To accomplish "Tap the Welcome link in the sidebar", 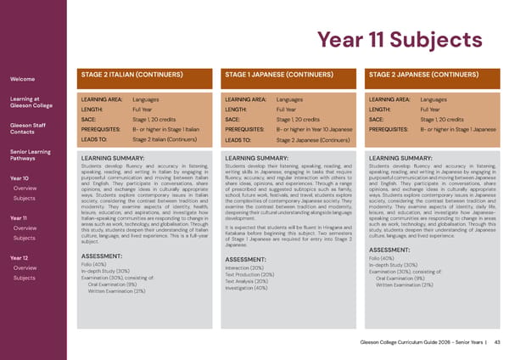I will coord(21,80).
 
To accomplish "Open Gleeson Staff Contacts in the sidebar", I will coord(26,129).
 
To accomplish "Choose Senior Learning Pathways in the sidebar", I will coord(31,155).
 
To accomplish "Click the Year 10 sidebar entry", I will coord(19,178).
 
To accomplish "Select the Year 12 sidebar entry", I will coord(19,234).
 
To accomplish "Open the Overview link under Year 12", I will coord(25,245).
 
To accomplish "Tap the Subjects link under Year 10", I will coord(25,199).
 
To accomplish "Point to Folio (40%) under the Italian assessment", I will coord(95,240).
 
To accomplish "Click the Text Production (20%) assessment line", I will coord(249,250).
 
